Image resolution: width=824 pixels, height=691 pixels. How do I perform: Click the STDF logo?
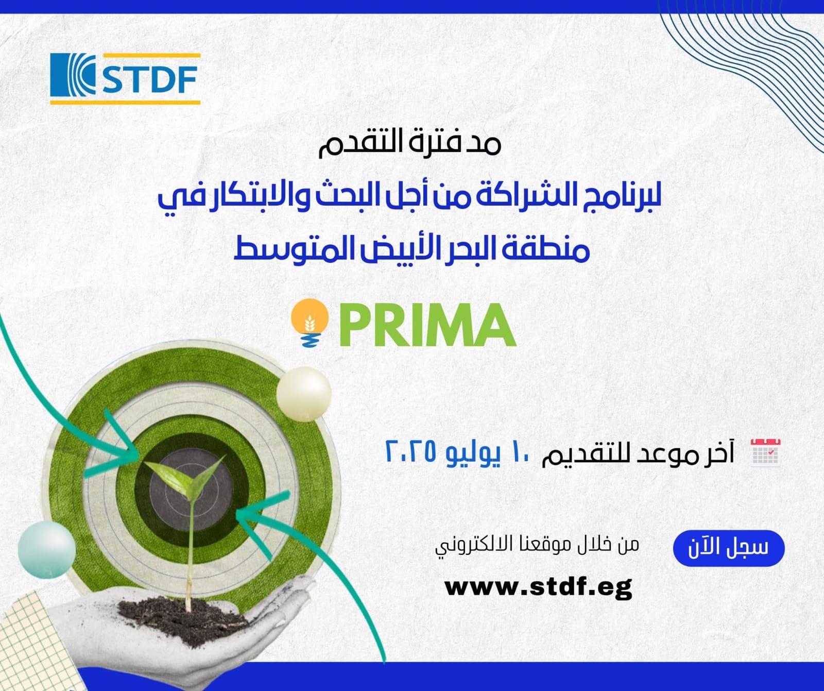[x=125, y=78]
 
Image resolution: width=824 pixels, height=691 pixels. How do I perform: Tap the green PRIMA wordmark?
[x=427, y=325]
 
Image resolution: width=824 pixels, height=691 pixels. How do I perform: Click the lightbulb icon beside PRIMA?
[x=310, y=323]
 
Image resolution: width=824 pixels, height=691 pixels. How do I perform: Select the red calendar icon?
[x=766, y=452]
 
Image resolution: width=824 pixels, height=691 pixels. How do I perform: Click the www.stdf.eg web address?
[x=538, y=586]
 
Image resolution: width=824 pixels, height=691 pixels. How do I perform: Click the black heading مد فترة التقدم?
[x=410, y=143]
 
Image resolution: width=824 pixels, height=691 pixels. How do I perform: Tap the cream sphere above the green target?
[x=304, y=394]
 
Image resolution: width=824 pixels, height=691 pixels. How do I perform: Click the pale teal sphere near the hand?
[x=46, y=549]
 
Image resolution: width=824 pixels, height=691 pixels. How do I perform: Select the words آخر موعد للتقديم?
[x=638, y=453]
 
